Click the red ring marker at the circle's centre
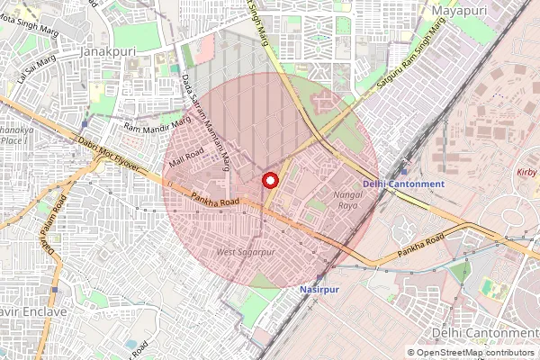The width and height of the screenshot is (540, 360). pos(269,181)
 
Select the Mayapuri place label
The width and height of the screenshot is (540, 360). pos(464,10)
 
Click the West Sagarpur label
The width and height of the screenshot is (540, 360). pos(246,252)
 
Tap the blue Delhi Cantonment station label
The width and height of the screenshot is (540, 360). pos(403,184)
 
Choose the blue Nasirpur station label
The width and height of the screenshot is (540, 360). pos(321,291)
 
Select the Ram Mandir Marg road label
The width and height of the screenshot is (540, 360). pos(157,125)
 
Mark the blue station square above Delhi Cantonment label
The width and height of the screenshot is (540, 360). pos(404,171)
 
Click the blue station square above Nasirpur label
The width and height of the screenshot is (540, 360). pos(321,278)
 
